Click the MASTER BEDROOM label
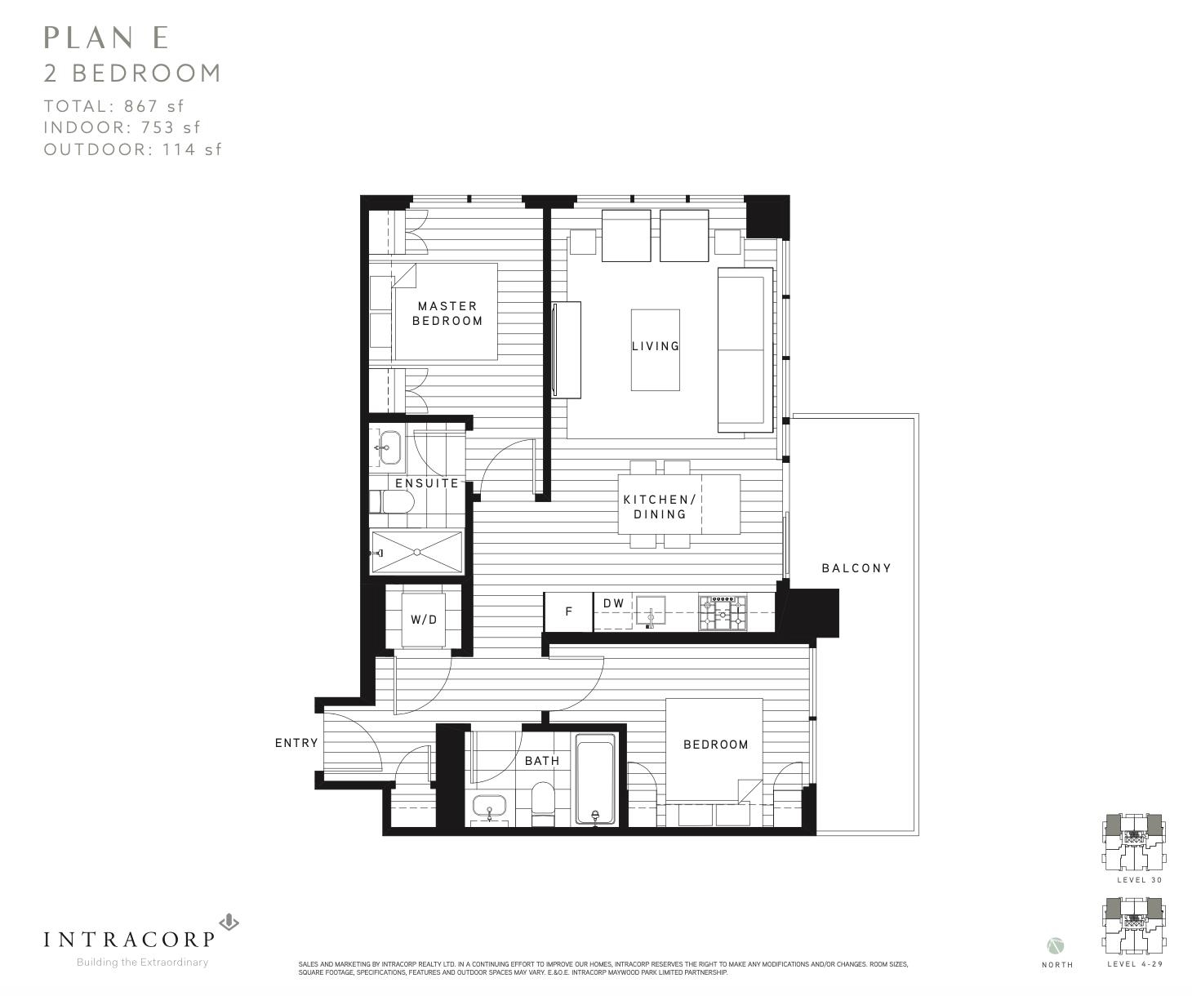tap(447, 313)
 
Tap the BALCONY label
tap(856, 568)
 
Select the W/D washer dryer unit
tap(424, 620)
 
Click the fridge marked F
tap(568, 611)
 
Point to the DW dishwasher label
tap(614, 602)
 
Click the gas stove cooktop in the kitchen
tap(723, 613)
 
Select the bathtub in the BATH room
tap(595, 779)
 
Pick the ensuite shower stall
tap(416, 552)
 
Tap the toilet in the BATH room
tap(543, 803)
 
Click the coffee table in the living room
tap(656, 350)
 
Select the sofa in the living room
tap(745, 350)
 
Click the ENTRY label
tap(296, 743)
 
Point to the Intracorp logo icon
tap(229, 922)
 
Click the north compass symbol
tap(1056, 946)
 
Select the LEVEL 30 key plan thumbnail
tap(1133, 843)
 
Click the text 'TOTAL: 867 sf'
tap(114, 106)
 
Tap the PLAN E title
tap(106, 38)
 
